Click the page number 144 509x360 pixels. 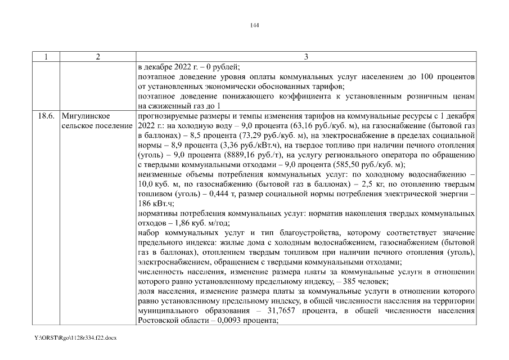click(254, 25)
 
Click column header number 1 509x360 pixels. click(46, 57)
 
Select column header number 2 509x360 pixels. click(98, 57)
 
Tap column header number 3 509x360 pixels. click(306, 57)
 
